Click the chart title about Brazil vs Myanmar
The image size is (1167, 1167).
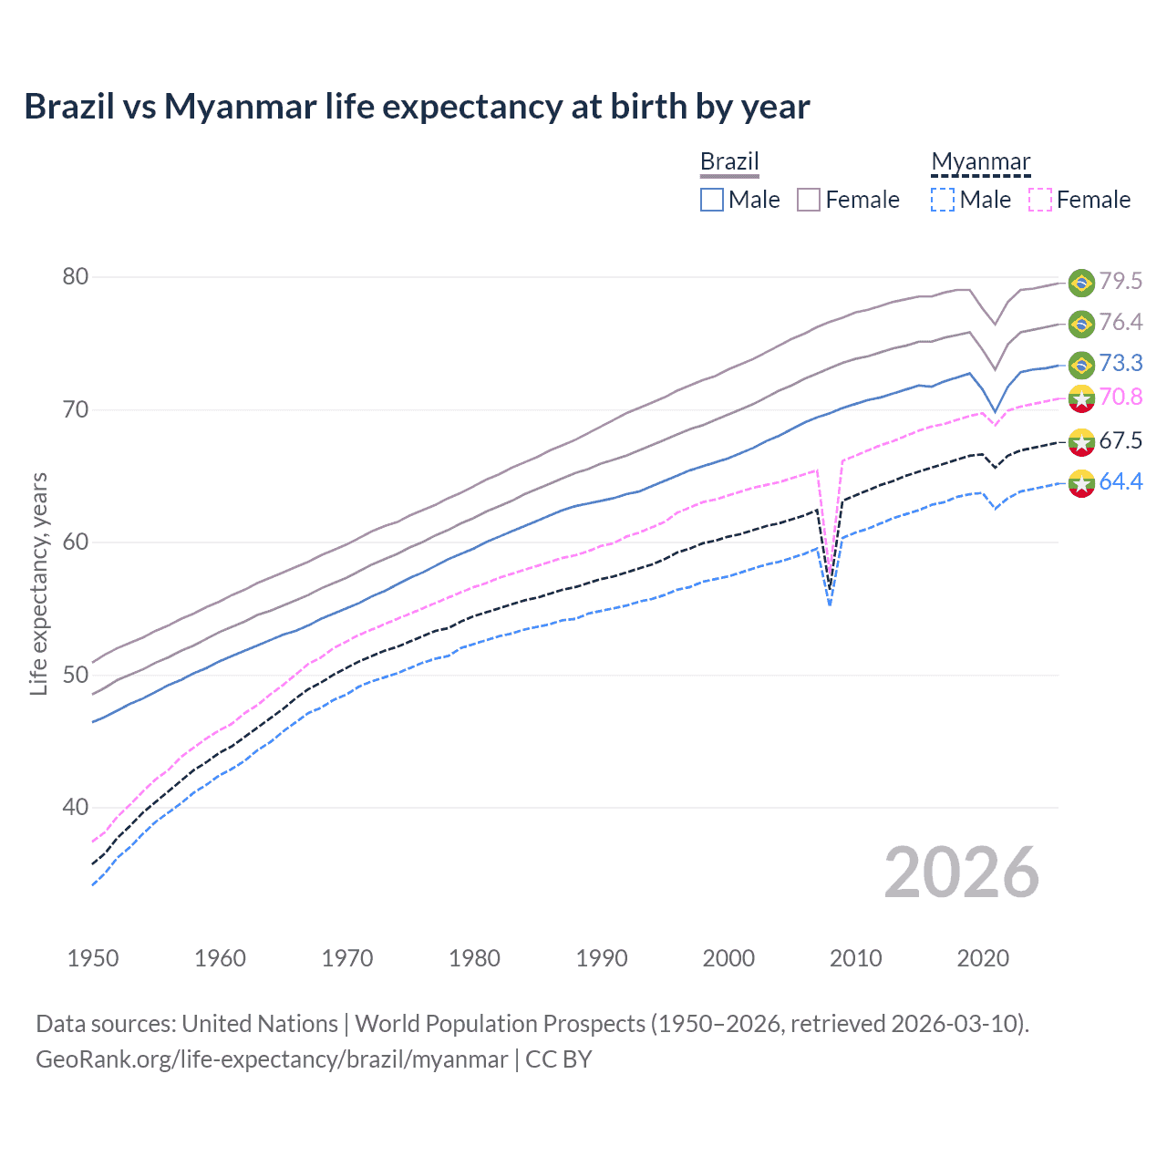[417, 107]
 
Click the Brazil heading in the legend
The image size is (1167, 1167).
[729, 161]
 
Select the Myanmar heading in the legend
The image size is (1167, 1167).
[980, 161]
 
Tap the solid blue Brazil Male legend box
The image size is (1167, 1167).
[712, 200]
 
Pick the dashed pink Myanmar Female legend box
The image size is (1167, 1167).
[1040, 200]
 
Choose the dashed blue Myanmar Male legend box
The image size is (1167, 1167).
[943, 200]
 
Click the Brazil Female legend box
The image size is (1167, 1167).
[809, 200]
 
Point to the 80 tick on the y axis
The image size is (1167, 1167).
[76, 276]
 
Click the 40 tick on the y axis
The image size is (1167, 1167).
[76, 807]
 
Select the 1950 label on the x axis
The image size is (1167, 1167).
[93, 958]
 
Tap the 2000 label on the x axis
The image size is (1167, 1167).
[728, 958]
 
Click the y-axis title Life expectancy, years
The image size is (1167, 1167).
[38, 583]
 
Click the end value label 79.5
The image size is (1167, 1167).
[1121, 281]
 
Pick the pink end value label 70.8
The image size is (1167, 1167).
[1121, 397]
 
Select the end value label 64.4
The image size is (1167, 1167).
[1121, 481]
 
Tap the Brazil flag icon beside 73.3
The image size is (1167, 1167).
[1081, 364]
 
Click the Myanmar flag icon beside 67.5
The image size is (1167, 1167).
[1081, 441]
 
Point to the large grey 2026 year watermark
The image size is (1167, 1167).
[961, 873]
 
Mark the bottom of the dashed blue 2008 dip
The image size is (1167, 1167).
[830, 604]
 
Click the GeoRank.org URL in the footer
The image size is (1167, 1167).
[271, 1059]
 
